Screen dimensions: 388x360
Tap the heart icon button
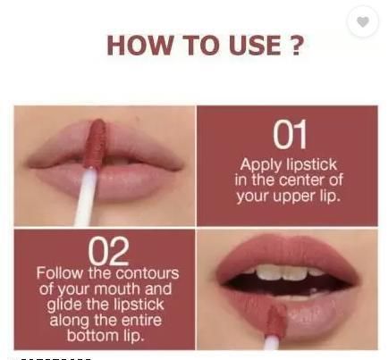[363, 21]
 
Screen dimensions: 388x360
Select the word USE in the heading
[255, 46]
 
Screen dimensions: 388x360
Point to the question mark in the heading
[296, 46]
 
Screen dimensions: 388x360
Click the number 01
[290, 134]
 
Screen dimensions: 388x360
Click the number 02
[108, 252]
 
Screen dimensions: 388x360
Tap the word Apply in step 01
[260, 165]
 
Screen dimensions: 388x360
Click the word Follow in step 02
[61, 272]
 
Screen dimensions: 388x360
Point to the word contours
[148, 274]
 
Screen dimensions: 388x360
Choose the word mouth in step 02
[119, 289]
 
